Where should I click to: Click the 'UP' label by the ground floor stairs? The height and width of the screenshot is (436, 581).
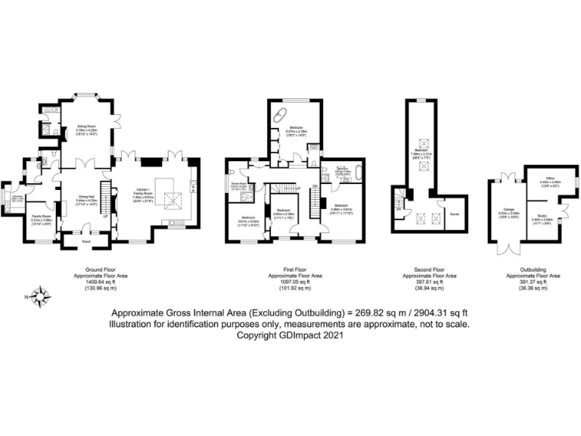[x=104, y=215]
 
